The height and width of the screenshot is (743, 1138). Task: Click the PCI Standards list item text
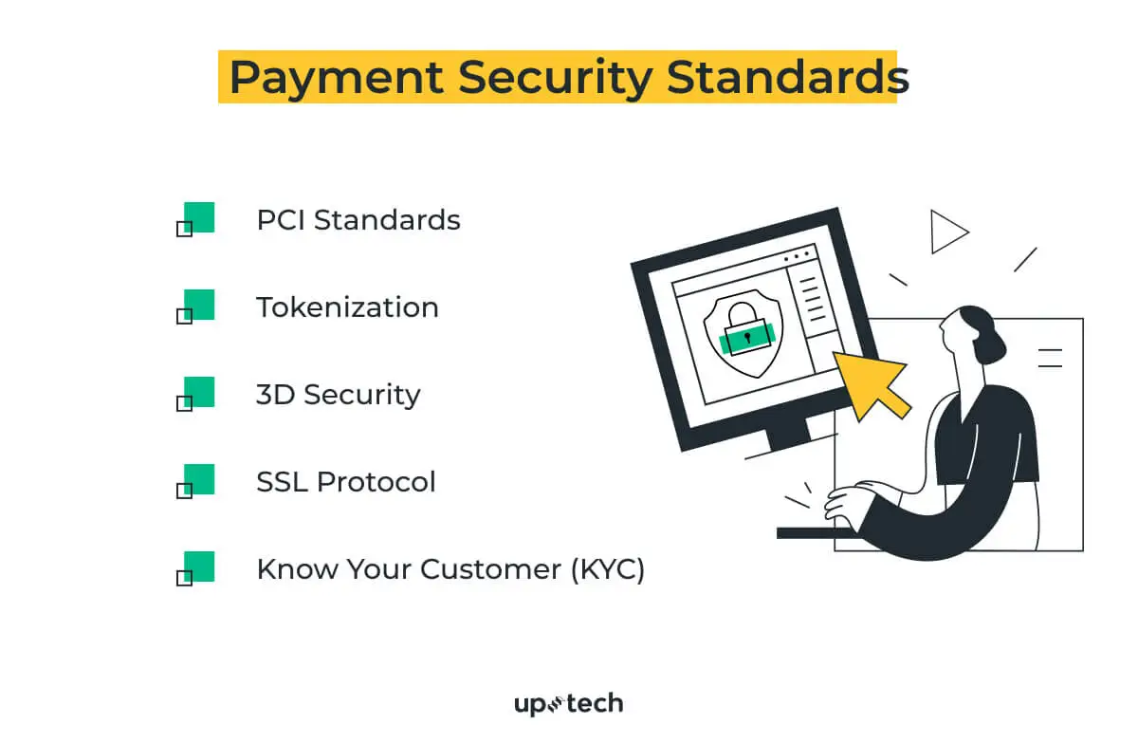click(358, 220)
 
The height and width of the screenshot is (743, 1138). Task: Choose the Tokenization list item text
click(347, 307)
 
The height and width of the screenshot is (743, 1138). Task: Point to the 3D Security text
click(338, 395)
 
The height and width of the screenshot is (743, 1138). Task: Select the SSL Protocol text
click(346, 482)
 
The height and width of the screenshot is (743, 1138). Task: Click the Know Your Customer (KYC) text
click(450, 569)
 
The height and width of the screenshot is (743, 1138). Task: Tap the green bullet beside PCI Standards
click(198, 217)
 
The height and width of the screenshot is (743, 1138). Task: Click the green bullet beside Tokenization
click(198, 305)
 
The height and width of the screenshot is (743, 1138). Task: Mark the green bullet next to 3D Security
click(198, 392)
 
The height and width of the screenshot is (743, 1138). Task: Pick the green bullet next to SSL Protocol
click(198, 479)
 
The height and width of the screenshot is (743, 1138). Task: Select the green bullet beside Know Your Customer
click(198, 567)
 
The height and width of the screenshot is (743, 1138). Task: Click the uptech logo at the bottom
click(568, 704)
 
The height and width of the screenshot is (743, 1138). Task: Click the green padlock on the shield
click(746, 332)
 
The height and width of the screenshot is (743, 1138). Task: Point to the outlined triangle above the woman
click(946, 232)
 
